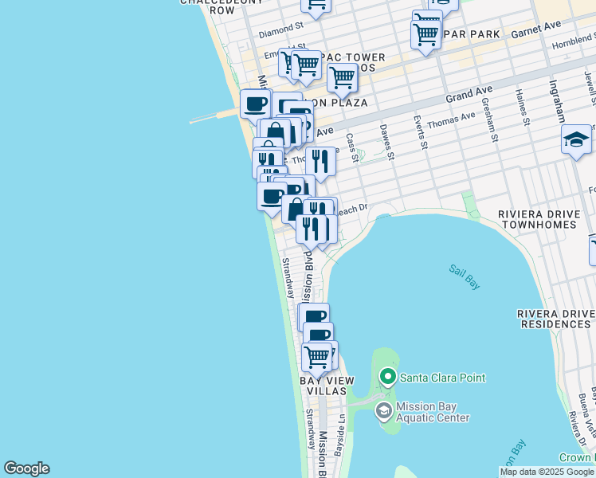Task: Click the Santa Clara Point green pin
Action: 388,376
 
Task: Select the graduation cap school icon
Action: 576,139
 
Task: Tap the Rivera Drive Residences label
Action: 556,319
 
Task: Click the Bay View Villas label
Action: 323,386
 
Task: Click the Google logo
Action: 26,468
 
